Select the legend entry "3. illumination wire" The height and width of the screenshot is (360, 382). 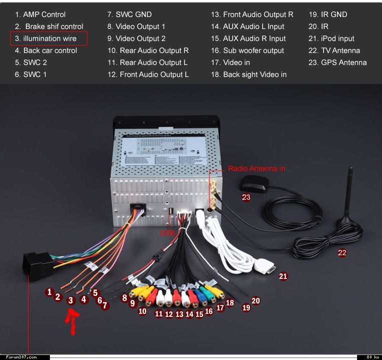(x=49, y=38)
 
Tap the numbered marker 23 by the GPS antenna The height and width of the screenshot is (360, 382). (x=246, y=197)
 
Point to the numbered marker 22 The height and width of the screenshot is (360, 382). (x=342, y=253)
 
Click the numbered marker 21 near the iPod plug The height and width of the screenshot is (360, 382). (x=283, y=276)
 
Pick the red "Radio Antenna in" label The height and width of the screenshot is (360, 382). (x=257, y=168)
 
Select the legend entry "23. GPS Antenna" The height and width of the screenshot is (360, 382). (x=338, y=62)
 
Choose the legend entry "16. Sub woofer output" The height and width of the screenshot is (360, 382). (x=247, y=50)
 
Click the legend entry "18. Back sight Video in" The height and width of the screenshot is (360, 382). (x=249, y=74)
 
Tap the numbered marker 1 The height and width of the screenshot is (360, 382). (x=49, y=292)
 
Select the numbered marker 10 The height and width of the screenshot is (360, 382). (x=142, y=311)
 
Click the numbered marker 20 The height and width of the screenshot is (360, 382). (x=256, y=301)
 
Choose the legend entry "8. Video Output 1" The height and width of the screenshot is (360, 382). (x=136, y=26)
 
